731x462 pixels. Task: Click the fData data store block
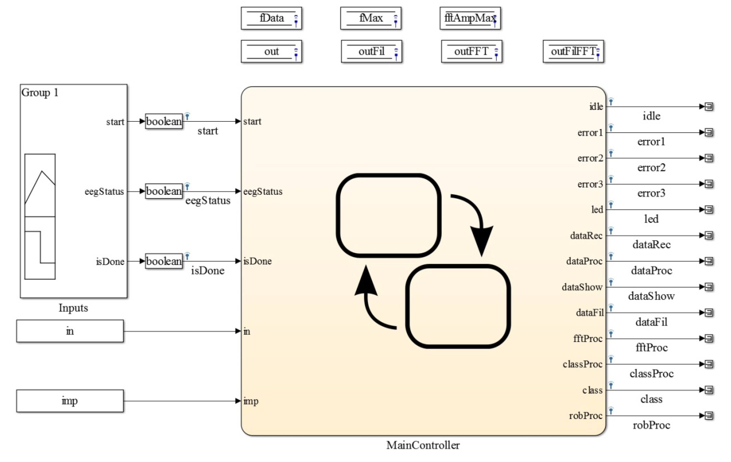click(271, 18)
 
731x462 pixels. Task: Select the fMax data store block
click(371, 18)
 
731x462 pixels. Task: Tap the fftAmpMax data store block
click(470, 18)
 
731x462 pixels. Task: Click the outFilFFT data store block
click(573, 51)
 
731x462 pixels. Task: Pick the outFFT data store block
click(472, 51)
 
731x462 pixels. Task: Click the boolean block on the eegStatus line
click(164, 191)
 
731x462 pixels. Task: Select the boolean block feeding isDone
click(164, 261)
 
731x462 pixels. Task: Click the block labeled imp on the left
click(70, 401)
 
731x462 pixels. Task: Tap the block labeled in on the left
click(70, 331)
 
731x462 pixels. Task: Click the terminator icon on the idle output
click(709, 106)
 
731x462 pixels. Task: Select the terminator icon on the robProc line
click(709, 416)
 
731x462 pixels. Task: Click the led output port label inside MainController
click(597, 210)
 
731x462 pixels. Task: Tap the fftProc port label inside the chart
click(588, 338)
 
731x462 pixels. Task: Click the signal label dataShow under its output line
click(651, 296)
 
